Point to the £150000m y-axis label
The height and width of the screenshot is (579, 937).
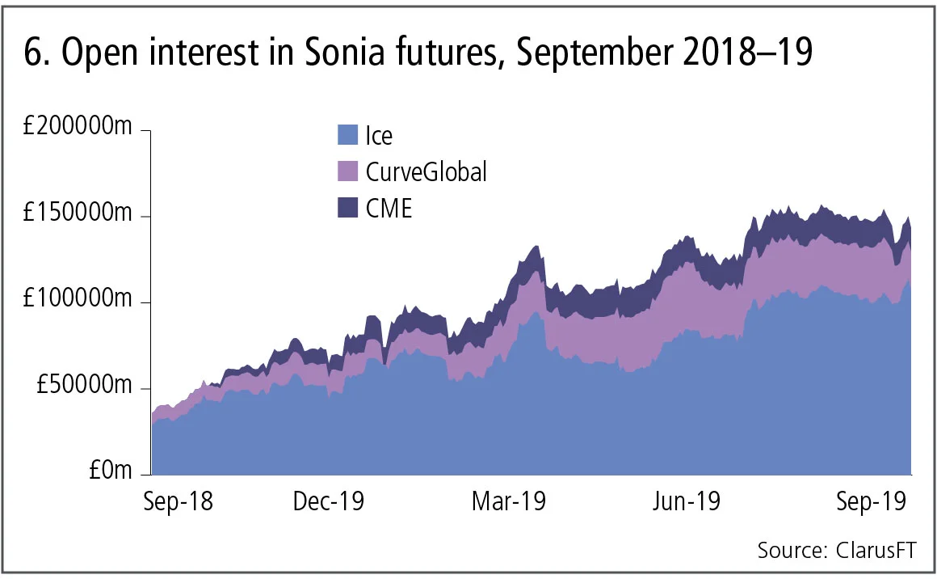pos(77,216)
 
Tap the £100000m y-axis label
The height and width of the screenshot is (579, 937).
pos(77,302)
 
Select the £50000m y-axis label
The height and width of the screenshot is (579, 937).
pos(82,388)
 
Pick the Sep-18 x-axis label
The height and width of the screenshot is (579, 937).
pos(179,502)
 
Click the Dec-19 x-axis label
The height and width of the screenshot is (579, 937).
pos(329,502)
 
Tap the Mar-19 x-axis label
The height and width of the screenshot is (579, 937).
pos(509,502)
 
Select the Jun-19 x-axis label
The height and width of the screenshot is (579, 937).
pos(687,502)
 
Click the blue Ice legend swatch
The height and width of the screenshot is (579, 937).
pos(347,135)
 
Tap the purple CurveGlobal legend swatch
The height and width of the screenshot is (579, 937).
pos(347,171)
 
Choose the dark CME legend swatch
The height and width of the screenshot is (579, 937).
pos(347,209)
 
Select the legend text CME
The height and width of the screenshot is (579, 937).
pos(389,209)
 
